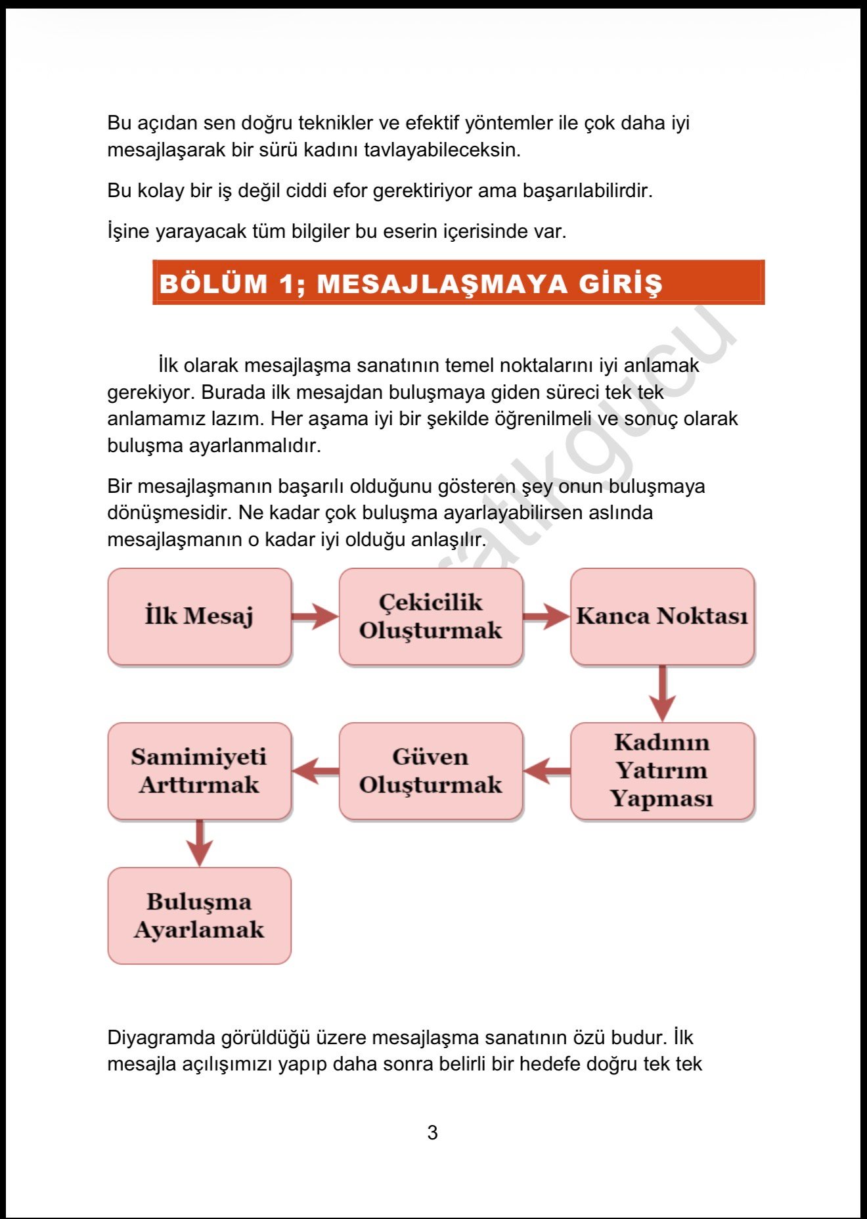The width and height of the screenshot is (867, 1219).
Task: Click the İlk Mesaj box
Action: pos(199,616)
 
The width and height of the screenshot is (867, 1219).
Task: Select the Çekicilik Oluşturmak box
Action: pos(430,616)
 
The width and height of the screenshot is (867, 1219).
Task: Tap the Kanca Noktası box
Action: pos(662,616)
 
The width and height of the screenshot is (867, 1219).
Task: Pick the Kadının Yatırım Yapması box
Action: pos(662,771)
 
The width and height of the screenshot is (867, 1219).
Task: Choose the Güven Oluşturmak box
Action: pos(430,771)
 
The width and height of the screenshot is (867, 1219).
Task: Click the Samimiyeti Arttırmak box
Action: pos(199,771)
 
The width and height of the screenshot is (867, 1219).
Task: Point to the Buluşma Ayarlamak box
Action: pos(199,915)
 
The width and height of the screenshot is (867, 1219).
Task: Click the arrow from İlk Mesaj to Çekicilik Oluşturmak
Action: pos(315,616)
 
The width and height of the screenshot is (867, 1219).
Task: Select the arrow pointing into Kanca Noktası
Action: pos(546,616)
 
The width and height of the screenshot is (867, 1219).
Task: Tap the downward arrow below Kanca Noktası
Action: pos(662,693)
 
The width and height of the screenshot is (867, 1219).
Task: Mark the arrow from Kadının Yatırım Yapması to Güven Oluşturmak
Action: pos(547,771)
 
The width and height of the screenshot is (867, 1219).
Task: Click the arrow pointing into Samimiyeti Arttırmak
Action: pos(316,771)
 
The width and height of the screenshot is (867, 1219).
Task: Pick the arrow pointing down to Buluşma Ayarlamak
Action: pos(200,842)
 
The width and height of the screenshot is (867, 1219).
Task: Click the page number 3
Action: pos(432,1132)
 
